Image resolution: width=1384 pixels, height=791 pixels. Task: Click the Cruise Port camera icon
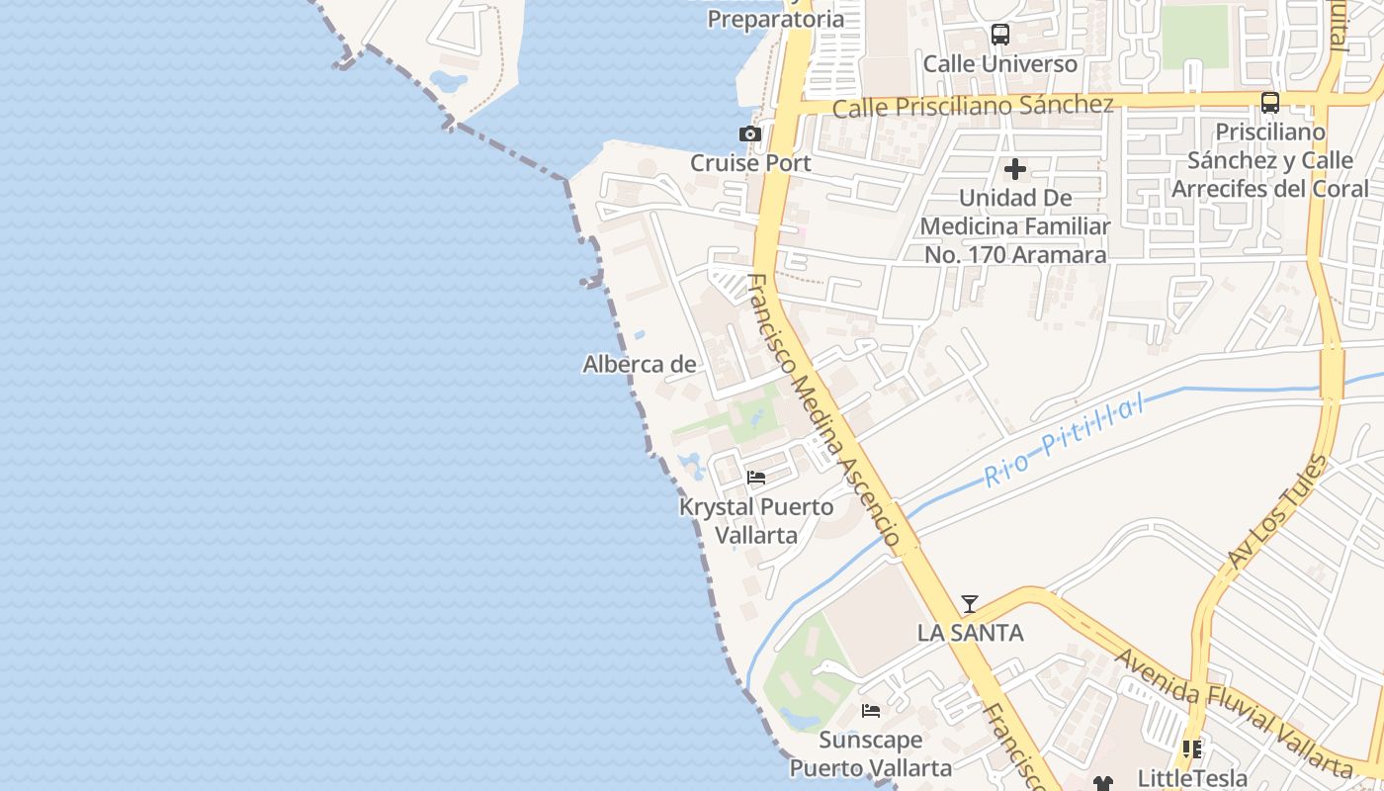(750, 134)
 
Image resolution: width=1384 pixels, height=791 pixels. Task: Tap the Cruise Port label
(750, 163)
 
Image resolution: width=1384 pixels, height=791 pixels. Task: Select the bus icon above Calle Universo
(999, 36)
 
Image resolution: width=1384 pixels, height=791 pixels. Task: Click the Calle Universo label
(999, 64)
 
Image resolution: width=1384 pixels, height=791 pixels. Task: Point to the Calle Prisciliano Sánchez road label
(973, 106)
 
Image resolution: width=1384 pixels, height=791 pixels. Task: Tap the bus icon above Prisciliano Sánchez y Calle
(1270, 103)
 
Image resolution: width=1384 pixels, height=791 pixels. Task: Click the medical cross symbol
(1014, 169)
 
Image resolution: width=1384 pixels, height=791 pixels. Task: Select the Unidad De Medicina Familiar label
(1015, 226)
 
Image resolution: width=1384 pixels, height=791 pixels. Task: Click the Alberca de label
(640, 365)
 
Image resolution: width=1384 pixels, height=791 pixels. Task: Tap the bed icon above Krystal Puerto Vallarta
(756, 479)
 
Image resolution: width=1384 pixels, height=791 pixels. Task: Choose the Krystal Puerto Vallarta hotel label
(756, 521)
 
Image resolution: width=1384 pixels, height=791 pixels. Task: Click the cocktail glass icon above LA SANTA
(970, 604)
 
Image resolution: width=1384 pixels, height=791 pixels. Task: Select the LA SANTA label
(970, 633)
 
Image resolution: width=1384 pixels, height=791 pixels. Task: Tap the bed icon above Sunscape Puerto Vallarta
(871, 711)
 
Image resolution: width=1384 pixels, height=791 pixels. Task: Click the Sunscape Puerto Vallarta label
(871, 753)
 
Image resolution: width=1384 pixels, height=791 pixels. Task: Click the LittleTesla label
(1192, 778)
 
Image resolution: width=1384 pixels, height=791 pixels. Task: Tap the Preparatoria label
(776, 19)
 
